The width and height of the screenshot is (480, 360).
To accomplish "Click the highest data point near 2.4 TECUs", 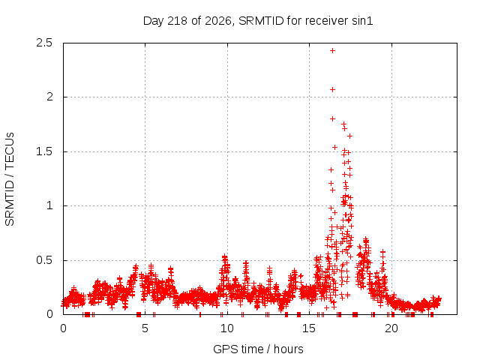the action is [332, 50].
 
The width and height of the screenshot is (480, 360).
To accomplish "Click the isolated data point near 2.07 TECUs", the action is [332, 89].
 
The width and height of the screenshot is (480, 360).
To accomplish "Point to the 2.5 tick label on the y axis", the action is [44, 43].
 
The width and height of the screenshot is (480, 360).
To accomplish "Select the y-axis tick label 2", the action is [49, 97].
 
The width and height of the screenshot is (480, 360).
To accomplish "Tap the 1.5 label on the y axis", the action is [44, 151].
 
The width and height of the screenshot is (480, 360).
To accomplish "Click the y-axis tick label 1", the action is [50, 205].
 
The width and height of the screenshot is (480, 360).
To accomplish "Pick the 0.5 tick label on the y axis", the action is [44, 260].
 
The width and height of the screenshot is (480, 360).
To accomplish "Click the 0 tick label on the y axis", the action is [49, 314].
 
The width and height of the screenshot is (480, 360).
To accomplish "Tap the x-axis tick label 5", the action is [145, 328].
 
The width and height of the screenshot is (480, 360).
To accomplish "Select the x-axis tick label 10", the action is [227, 328].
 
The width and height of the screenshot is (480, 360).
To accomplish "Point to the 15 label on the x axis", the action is [309, 328].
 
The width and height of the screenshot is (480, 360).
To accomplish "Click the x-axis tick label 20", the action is [391, 328].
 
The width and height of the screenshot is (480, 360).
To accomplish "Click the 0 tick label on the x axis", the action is [63, 328].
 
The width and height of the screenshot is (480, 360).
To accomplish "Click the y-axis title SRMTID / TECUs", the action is [10, 179].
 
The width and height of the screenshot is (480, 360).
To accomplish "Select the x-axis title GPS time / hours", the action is [258, 349].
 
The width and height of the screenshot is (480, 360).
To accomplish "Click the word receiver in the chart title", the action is [327, 21].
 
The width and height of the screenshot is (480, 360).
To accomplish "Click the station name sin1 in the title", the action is [362, 21].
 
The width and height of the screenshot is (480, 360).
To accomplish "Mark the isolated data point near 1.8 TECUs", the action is [332, 118].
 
